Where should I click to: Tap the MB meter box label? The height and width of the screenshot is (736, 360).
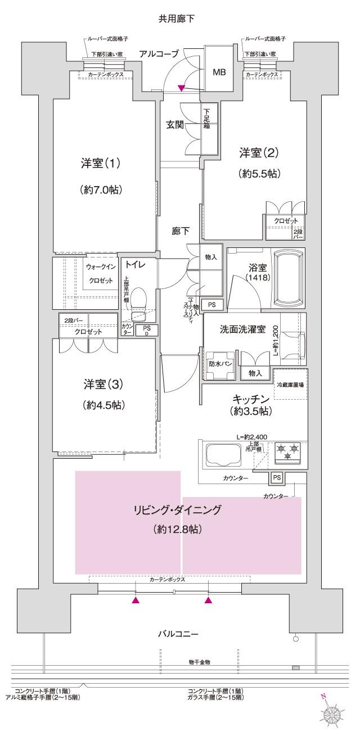point(219,73)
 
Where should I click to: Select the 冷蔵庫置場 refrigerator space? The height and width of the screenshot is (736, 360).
point(291,385)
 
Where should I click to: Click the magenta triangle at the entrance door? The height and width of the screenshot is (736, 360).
point(181,88)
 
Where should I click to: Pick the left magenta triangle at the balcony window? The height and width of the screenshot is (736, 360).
point(135,600)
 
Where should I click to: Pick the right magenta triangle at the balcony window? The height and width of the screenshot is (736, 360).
point(209,600)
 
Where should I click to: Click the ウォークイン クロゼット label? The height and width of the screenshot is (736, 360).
point(101,273)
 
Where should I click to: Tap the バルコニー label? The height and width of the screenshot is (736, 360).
point(177,634)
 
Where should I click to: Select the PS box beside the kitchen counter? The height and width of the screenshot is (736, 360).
point(276,477)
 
